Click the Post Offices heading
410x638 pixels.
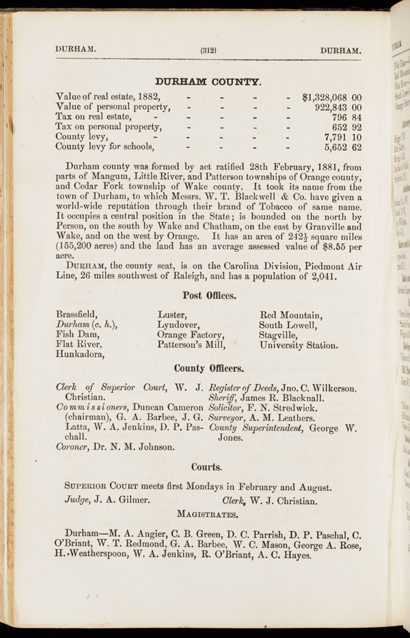[210, 296]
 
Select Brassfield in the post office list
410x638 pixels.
[77, 315]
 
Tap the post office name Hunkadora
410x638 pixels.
[80, 354]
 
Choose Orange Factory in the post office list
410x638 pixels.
[191, 335]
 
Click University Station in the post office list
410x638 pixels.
[299, 345]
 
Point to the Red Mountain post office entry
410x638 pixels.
[290, 315]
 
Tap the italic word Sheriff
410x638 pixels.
[227, 398]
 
